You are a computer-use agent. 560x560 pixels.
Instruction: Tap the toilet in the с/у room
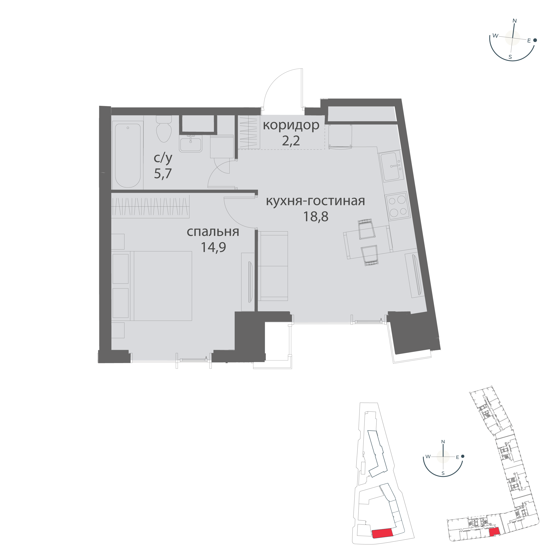(x=164, y=130)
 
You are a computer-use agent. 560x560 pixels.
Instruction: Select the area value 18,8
(x=316, y=216)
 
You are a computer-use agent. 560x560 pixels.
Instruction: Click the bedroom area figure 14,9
(x=213, y=247)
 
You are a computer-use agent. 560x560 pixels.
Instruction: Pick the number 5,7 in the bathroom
(x=163, y=173)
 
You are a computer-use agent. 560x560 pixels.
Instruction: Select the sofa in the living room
(x=273, y=266)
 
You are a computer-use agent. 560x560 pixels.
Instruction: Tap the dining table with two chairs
(x=368, y=242)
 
